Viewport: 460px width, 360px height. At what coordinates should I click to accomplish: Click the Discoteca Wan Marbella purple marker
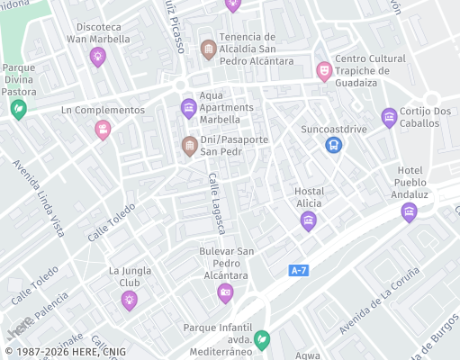pos(98,57)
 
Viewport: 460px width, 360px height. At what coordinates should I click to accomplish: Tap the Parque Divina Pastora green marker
pos(18,109)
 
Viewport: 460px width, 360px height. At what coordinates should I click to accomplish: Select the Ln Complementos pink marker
pos(104,130)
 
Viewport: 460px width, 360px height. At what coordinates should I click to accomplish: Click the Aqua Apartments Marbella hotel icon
pos(189,109)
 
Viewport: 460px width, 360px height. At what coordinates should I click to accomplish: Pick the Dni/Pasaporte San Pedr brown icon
pos(189,145)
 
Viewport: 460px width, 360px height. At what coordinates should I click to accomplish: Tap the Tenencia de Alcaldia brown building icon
pos(208,49)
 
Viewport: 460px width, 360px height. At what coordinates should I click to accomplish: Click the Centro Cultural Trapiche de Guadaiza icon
pos(323,70)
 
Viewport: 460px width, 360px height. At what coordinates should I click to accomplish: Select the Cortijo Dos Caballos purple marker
pos(389,117)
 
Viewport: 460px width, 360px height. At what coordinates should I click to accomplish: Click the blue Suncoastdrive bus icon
pos(334,144)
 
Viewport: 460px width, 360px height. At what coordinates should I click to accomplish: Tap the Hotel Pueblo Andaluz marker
pos(409,212)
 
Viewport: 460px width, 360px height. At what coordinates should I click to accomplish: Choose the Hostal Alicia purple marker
pos(309,220)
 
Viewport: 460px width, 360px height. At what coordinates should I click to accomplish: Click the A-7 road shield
pos(300,270)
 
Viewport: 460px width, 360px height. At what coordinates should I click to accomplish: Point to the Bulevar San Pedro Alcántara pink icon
pos(225,292)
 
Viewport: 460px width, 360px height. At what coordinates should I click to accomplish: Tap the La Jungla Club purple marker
pos(130,300)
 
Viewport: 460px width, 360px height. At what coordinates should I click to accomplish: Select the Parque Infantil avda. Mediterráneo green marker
pos(261,339)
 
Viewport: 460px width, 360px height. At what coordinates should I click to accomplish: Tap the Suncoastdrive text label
pos(334,129)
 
